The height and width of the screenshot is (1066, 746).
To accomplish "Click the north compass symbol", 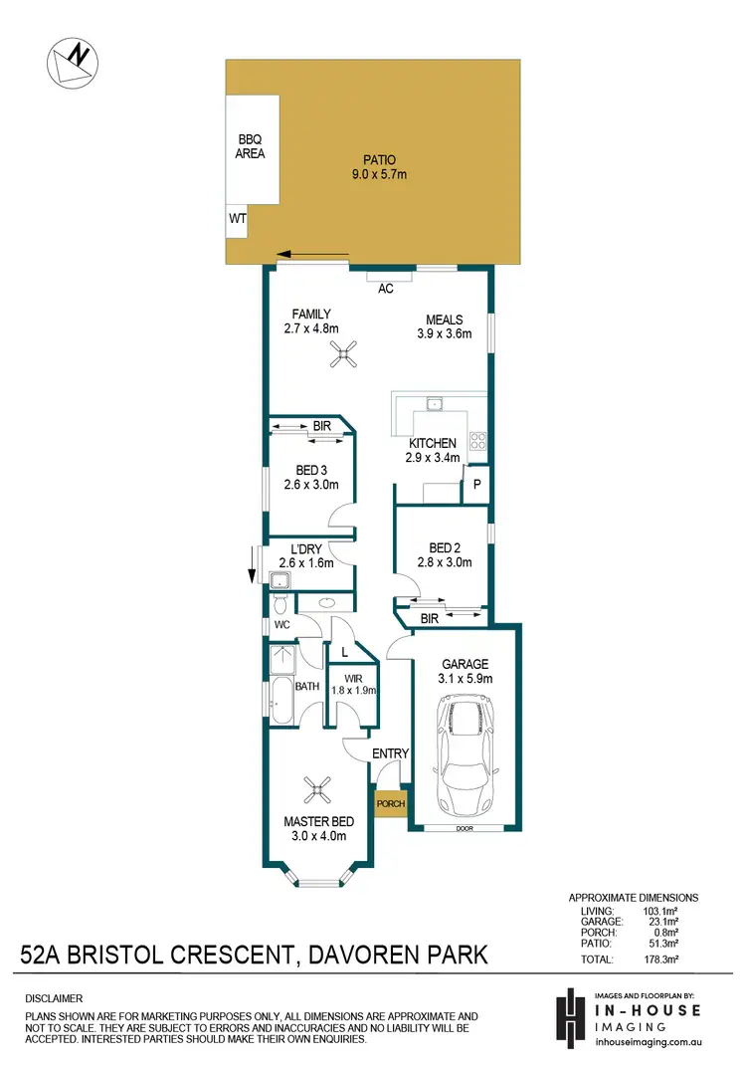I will tap(72, 63).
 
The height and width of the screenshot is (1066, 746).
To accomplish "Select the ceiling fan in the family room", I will tap(346, 355).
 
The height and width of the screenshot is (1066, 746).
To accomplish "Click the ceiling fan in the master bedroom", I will tap(318, 790).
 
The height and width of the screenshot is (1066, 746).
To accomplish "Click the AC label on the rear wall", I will tap(386, 289).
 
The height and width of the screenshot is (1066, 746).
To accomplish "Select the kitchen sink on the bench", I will tap(436, 404).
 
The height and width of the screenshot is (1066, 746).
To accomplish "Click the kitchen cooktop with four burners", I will tap(476, 438).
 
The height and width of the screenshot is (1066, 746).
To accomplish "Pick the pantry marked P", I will tap(477, 484).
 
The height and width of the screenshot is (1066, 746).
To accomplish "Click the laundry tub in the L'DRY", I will tap(279, 580).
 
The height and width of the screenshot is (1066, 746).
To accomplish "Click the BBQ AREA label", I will tap(250, 147).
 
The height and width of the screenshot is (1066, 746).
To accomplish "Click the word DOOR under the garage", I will tap(465, 828).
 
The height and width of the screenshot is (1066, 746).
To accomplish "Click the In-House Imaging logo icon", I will tap(570, 1015).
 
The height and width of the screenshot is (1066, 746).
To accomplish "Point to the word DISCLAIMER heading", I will tap(54, 998).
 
